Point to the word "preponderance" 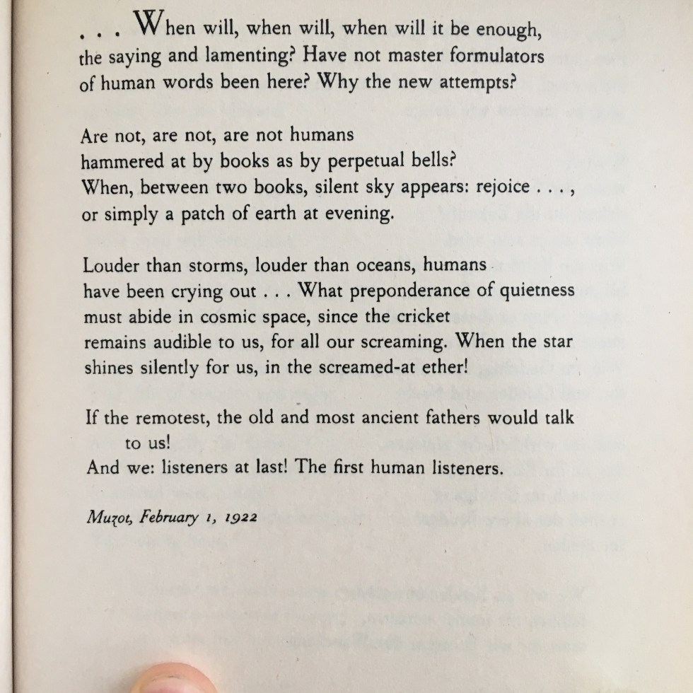(432, 292)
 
